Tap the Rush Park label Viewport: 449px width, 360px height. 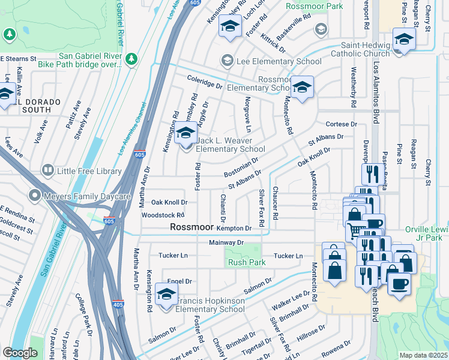click(247, 262)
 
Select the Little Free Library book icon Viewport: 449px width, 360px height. click(48, 171)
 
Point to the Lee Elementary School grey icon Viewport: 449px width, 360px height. click(227, 61)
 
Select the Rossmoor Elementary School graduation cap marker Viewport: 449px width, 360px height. click(303, 88)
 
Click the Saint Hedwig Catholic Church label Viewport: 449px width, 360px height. click(365, 48)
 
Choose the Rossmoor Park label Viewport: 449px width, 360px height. click(314, 6)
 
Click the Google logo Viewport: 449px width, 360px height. click(20, 353)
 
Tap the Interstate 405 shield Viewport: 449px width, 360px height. click(118, 305)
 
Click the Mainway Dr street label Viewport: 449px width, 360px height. click(226, 242)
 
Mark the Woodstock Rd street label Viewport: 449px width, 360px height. click(163, 215)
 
